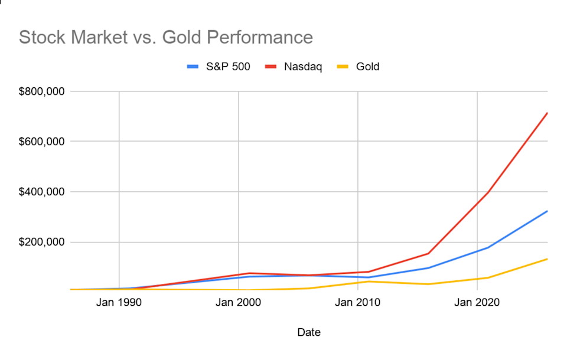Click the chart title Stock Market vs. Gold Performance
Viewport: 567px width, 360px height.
pos(166,37)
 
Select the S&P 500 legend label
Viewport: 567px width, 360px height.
pos(228,67)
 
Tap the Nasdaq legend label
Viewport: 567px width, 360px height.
pos(303,67)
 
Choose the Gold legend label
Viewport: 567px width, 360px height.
pos(367,67)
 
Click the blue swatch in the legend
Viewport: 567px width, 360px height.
pos(193,67)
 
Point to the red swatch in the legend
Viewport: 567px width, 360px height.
pos(271,67)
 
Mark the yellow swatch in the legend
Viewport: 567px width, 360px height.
pos(343,67)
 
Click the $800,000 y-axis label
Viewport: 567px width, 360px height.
pos(44,91)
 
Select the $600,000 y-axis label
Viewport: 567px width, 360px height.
pos(44,142)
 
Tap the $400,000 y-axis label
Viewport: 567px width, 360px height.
pos(44,192)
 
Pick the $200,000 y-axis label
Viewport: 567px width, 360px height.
pos(44,242)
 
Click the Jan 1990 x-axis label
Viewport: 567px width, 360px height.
pos(119,303)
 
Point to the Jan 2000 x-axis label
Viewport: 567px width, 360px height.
pos(238,303)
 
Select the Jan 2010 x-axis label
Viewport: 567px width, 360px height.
pos(357,303)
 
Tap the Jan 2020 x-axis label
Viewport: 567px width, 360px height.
pos(476,303)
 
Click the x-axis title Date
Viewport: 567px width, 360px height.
pos(309,333)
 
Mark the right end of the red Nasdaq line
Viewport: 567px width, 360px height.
pos(547,113)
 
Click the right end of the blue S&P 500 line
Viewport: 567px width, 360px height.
pos(547,211)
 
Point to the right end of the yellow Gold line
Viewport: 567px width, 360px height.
pos(547,259)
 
